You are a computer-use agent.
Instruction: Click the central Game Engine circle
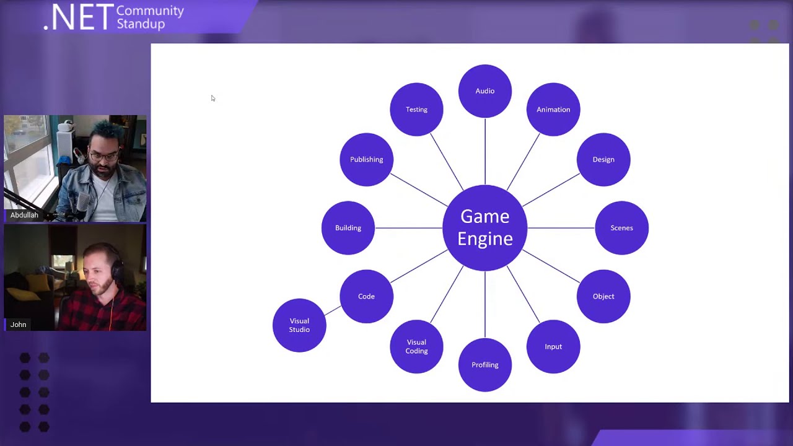485,227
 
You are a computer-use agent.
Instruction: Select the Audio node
485,91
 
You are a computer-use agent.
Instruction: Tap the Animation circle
553,110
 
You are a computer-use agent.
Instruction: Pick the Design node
603,159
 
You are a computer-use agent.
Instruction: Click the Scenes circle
621,228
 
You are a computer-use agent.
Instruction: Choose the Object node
603,296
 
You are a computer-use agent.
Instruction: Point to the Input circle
553,346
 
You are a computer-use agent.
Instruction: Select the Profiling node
485,365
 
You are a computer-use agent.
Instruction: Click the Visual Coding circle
416,346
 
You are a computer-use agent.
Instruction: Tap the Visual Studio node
299,325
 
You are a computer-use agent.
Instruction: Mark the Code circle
366,296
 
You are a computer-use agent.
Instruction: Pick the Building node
348,228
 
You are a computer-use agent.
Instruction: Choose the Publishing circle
366,159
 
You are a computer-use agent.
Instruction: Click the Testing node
416,110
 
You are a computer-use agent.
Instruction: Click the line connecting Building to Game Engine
409,228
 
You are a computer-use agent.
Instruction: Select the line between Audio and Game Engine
485,152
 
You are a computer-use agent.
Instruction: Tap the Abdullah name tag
24,215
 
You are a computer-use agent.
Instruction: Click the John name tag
18,325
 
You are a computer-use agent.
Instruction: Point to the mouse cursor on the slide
212,98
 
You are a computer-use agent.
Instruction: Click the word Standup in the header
141,24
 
